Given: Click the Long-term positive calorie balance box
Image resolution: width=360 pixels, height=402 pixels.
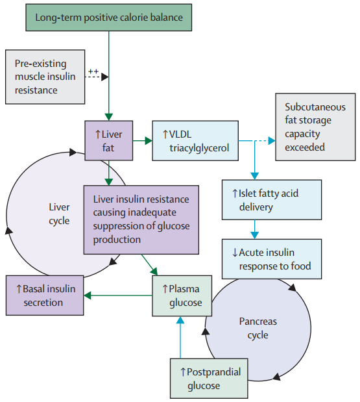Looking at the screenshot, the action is pyautogui.click(x=108, y=18).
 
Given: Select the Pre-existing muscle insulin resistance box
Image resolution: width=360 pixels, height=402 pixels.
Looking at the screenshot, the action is pyautogui.click(x=45, y=77).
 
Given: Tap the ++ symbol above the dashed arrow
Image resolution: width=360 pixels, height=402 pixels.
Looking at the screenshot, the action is pyautogui.click(x=93, y=71).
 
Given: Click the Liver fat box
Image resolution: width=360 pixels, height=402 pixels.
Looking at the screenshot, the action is pyautogui.click(x=109, y=141).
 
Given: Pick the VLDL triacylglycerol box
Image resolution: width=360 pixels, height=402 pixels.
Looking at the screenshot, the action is pyautogui.click(x=195, y=141).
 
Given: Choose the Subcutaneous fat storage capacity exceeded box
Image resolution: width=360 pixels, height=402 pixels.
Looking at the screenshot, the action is pyautogui.click(x=315, y=127).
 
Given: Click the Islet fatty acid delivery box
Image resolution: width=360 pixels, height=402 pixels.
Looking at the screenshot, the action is pyautogui.click(x=272, y=200).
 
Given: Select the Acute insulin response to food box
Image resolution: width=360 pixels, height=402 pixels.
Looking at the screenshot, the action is pyautogui.click(x=272, y=259).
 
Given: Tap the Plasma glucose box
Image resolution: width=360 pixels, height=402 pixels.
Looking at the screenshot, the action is pyautogui.click(x=182, y=296).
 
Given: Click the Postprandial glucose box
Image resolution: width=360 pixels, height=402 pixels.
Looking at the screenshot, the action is pyautogui.click(x=209, y=379).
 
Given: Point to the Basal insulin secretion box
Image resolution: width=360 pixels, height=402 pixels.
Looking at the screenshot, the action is pyautogui.click(x=45, y=295).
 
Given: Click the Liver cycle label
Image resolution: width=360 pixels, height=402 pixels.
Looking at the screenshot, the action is pyautogui.click(x=59, y=214).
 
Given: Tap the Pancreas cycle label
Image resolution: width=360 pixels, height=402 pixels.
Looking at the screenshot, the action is pyautogui.click(x=258, y=328).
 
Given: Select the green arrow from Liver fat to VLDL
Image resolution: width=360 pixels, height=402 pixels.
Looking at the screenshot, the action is pyautogui.click(x=143, y=140).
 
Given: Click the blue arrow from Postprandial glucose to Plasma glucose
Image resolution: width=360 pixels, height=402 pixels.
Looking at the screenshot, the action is pyautogui.click(x=180, y=338).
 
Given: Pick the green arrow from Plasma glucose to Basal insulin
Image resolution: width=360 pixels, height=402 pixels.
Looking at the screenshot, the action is pyautogui.click(x=118, y=295).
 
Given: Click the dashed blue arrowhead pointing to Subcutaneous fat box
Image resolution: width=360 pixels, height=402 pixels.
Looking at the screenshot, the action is pyautogui.click(x=272, y=140).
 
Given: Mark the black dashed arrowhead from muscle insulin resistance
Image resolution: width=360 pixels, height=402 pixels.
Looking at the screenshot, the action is pyautogui.click(x=105, y=77).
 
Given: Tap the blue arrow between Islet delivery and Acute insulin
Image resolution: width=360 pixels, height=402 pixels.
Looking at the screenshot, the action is pyautogui.click(x=254, y=229).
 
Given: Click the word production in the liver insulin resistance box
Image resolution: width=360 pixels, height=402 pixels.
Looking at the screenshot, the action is pyautogui.click(x=117, y=240).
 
